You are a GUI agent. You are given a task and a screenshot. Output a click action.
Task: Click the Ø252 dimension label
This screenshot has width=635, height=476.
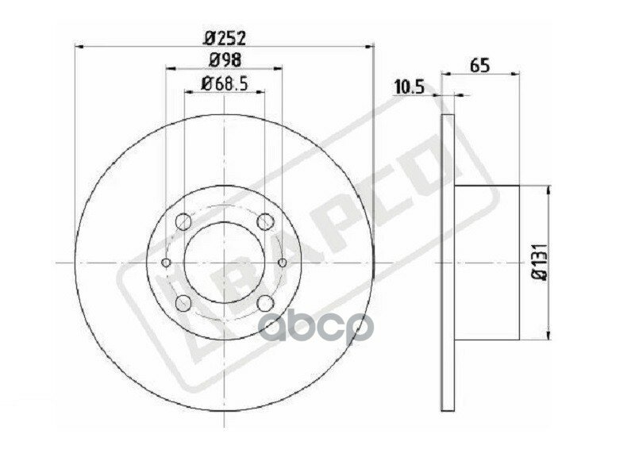pyautogui.click(x=225, y=36)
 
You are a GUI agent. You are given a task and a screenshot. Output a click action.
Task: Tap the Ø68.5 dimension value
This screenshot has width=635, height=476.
pyautogui.click(x=225, y=83)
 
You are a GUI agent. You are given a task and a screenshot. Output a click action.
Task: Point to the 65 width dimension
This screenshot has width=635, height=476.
pyautogui.click(x=479, y=66)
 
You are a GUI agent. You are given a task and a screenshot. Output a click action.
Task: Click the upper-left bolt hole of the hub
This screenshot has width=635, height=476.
pyautogui.click(x=183, y=222)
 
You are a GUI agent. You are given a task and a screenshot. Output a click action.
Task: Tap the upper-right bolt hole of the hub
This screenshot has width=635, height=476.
pyautogui.click(x=266, y=222)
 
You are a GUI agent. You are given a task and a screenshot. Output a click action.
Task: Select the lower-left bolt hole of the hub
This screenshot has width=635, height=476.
pyautogui.click(x=183, y=302)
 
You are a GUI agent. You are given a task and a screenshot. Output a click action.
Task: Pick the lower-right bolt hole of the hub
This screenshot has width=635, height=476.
pyautogui.click(x=266, y=302)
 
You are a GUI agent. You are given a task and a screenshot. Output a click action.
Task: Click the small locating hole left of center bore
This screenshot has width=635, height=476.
pyautogui.click(x=166, y=263)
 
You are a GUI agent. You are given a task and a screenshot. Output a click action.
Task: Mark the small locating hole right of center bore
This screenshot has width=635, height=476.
pyautogui.click(x=283, y=263)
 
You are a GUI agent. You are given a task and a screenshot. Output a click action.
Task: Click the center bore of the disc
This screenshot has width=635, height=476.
pyautogui.click(x=225, y=263)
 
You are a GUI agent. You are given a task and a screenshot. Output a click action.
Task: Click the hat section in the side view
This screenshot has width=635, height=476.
pyautogui.click(x=487, y=263)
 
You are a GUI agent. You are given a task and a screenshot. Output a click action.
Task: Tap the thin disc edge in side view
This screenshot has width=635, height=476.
pyautogui.click(x=448, y=263)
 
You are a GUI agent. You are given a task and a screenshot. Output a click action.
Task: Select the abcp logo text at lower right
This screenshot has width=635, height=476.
pyautogui.click(x=317, y=325)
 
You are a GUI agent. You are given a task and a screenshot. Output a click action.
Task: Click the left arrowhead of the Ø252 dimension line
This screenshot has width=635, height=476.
pyautogui.click(x=79, y=48)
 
